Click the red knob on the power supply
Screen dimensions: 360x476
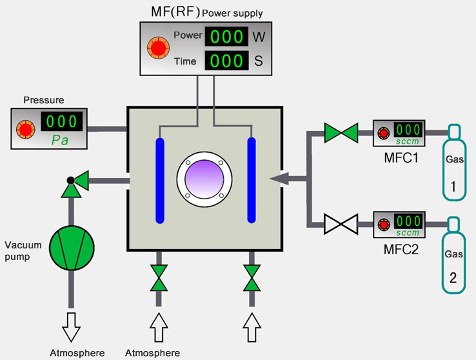(x=157, y=47)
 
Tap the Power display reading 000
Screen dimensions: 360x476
(x=226, y=37)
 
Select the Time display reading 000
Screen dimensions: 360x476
(x=226, y=62)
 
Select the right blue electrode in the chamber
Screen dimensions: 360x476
(x=252, y=179)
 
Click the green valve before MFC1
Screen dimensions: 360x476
(x=341, y=134)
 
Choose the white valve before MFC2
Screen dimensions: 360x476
(x=341, y=225)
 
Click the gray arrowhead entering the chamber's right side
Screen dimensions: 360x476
(x=278, y=177)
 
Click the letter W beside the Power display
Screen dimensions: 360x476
(x=259, y=37)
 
